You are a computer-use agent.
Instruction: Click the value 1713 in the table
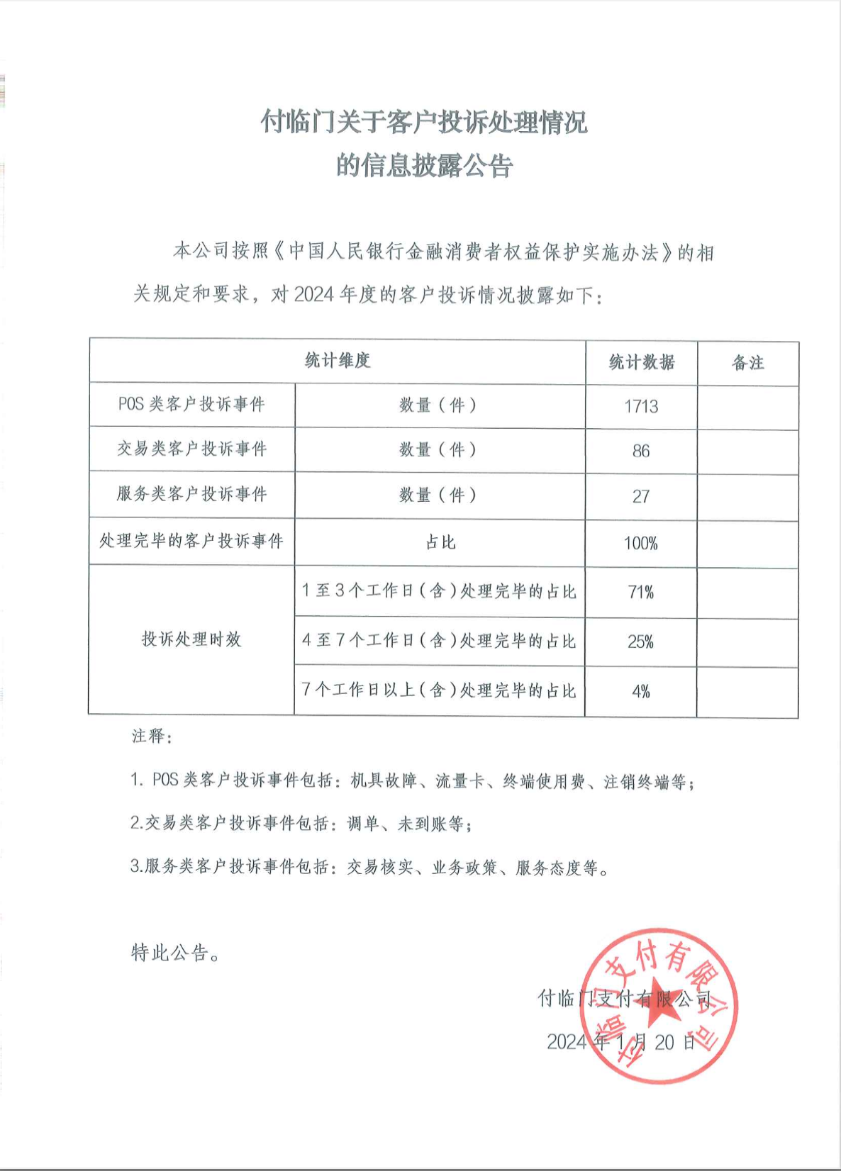point(641,406)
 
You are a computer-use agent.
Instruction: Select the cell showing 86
point(641,451)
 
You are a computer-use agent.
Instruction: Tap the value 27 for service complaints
point(641,496)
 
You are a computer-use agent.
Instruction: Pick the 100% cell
point(641,544)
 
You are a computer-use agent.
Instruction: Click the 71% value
point(641,592)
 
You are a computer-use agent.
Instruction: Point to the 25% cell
point(641,641)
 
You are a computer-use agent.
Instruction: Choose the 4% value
point(641,691)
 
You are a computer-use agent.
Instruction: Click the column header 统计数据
point(642,362)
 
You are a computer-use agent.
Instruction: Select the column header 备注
point(748,363)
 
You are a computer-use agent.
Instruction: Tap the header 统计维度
point(338,360)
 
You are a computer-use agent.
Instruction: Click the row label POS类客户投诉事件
point(191,405)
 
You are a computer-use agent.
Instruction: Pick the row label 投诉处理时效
point(191,639)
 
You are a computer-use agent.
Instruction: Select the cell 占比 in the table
point(440,542)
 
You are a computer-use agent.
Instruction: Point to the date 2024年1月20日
point(621,1041)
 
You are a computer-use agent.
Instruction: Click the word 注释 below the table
point(151,736)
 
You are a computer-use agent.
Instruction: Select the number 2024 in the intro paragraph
point(313,293)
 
